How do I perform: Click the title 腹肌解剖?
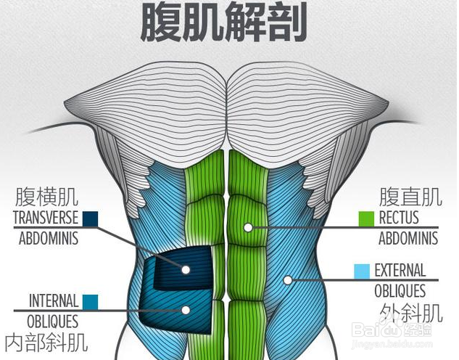click(224, 22)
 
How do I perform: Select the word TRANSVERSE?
click(45, 218)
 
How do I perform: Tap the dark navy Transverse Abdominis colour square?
click(91, 218)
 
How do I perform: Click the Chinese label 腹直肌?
click(410, 196)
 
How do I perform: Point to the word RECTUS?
click(399, 218)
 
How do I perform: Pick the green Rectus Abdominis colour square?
click(366, 218)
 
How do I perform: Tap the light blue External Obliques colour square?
click(362, 271)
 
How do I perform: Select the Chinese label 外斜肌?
click(411, 313)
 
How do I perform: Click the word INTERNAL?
click(54, 300)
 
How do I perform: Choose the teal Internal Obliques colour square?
click(90, 301)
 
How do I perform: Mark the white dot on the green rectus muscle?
click(248, 227)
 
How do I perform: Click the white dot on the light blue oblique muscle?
click(288, 279)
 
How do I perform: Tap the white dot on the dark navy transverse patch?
click(186, 269)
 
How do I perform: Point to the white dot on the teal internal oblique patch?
click(186, 310)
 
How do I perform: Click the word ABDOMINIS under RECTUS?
click(408, 238)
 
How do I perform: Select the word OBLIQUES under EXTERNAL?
click(400, 291)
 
